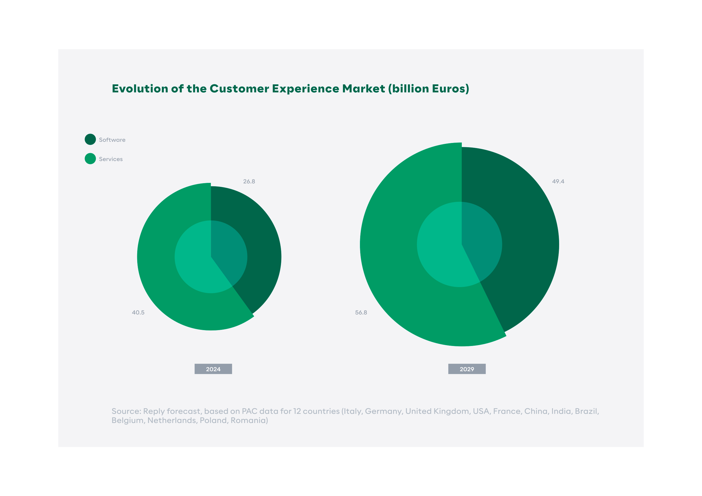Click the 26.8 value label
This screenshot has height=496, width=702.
coord(249,181)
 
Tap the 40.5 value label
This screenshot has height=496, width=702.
coord(138,313)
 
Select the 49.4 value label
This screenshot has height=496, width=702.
coord(558,181)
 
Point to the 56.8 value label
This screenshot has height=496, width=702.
coord(361,313)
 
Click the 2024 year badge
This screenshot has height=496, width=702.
coord(213,369)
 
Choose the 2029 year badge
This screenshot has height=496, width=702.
coord(467,369)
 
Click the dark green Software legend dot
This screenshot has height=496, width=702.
coord(90,139)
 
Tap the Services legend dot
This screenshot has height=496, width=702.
coord(90,159)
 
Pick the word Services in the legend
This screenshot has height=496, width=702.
coord(111,159)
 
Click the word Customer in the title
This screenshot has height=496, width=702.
coord(239,88)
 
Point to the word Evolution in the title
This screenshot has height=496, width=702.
coord(140,88)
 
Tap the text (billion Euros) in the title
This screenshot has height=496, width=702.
coord(429,89)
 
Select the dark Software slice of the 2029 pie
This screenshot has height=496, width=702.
coord(526,232)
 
